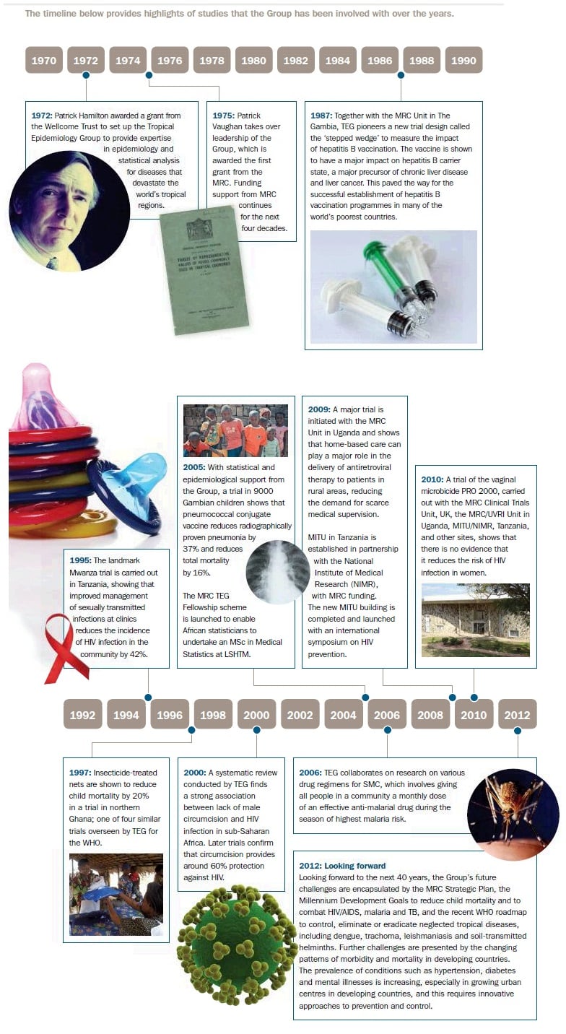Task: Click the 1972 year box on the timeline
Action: (86, 61)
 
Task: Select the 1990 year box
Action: (463, 61)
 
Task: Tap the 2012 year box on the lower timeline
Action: (518, 715)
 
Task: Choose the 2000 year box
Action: (256, 715)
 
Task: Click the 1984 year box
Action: (338, 61)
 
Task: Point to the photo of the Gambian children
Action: (235, 430)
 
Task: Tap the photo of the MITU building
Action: (475, 620)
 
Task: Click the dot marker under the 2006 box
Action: (388, 731)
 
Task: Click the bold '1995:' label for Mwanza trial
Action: (81, 561)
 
